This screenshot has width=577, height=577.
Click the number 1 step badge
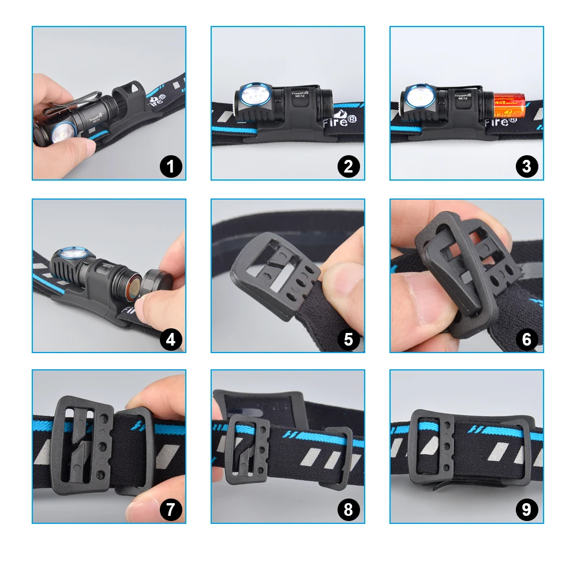click(170, 167)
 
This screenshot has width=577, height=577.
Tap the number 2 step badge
click(349, 167)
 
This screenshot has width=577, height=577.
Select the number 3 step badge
click(527, 167)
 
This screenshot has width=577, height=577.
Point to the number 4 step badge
click(170, 339)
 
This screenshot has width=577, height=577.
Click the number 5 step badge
click(349, 339)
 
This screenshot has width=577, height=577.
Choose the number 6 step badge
click(527, 339)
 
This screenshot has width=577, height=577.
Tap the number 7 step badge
click(170, 510)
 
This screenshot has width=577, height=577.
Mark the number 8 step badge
click(349, 510)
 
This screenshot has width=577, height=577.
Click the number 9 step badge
click(527, 510)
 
